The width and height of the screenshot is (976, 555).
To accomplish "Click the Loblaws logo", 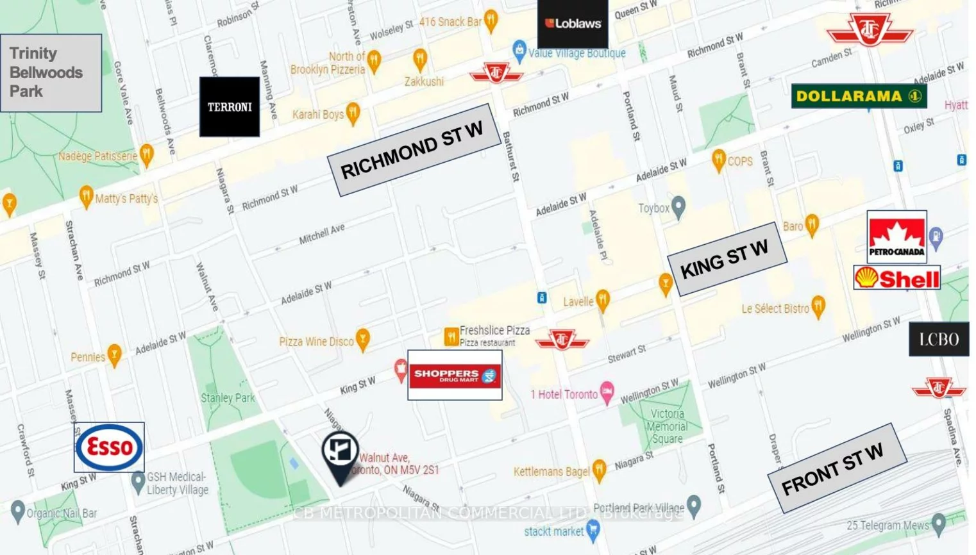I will pyautogui.click(x=572, y=24).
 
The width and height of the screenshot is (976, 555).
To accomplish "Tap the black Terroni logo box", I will pyautogui.click(x=230, y=107).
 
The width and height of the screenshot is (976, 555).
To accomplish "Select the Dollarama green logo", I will pyautogui.click(x=859, y=96).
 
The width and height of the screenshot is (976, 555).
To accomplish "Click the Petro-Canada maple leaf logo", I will pyautogui.click(x=896, y=236).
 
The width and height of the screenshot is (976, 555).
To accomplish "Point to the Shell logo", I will pyautogui.click(x=896, y=278).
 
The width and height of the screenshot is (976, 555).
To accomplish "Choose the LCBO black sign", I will pyautogui.click(x=939, y=339).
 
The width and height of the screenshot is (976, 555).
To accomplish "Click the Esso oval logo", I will pyautogui.click(x=109, y=447).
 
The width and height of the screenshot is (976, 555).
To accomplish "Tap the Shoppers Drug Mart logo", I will pyautogui.click(x=455, y=375).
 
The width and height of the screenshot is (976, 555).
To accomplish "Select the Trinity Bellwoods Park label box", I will pyautogui.click(x=51, y=72).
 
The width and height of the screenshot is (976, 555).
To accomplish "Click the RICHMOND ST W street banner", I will pyautogui.click(x=414, y=150).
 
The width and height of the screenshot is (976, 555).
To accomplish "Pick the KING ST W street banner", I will pyautogui.click(x=726, y=259).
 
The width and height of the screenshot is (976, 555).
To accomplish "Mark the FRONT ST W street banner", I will pyautogui.click(x=836, y=468).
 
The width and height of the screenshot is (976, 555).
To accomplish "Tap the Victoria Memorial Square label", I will pyautogui.click(x=667, y=426).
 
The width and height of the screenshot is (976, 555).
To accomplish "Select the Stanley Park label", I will pyautogui.click(x=228, y=398).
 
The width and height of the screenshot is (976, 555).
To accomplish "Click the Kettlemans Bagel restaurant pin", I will pyautogui.click(x=600, y=470).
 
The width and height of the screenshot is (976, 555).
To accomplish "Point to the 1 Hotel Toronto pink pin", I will pyautogui.click(x=607, y=392).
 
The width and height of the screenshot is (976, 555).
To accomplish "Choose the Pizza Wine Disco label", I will pyautogui.click(x=316, y=342).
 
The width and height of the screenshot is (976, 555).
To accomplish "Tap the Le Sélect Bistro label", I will pyautogui.click(x=775, y=309).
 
